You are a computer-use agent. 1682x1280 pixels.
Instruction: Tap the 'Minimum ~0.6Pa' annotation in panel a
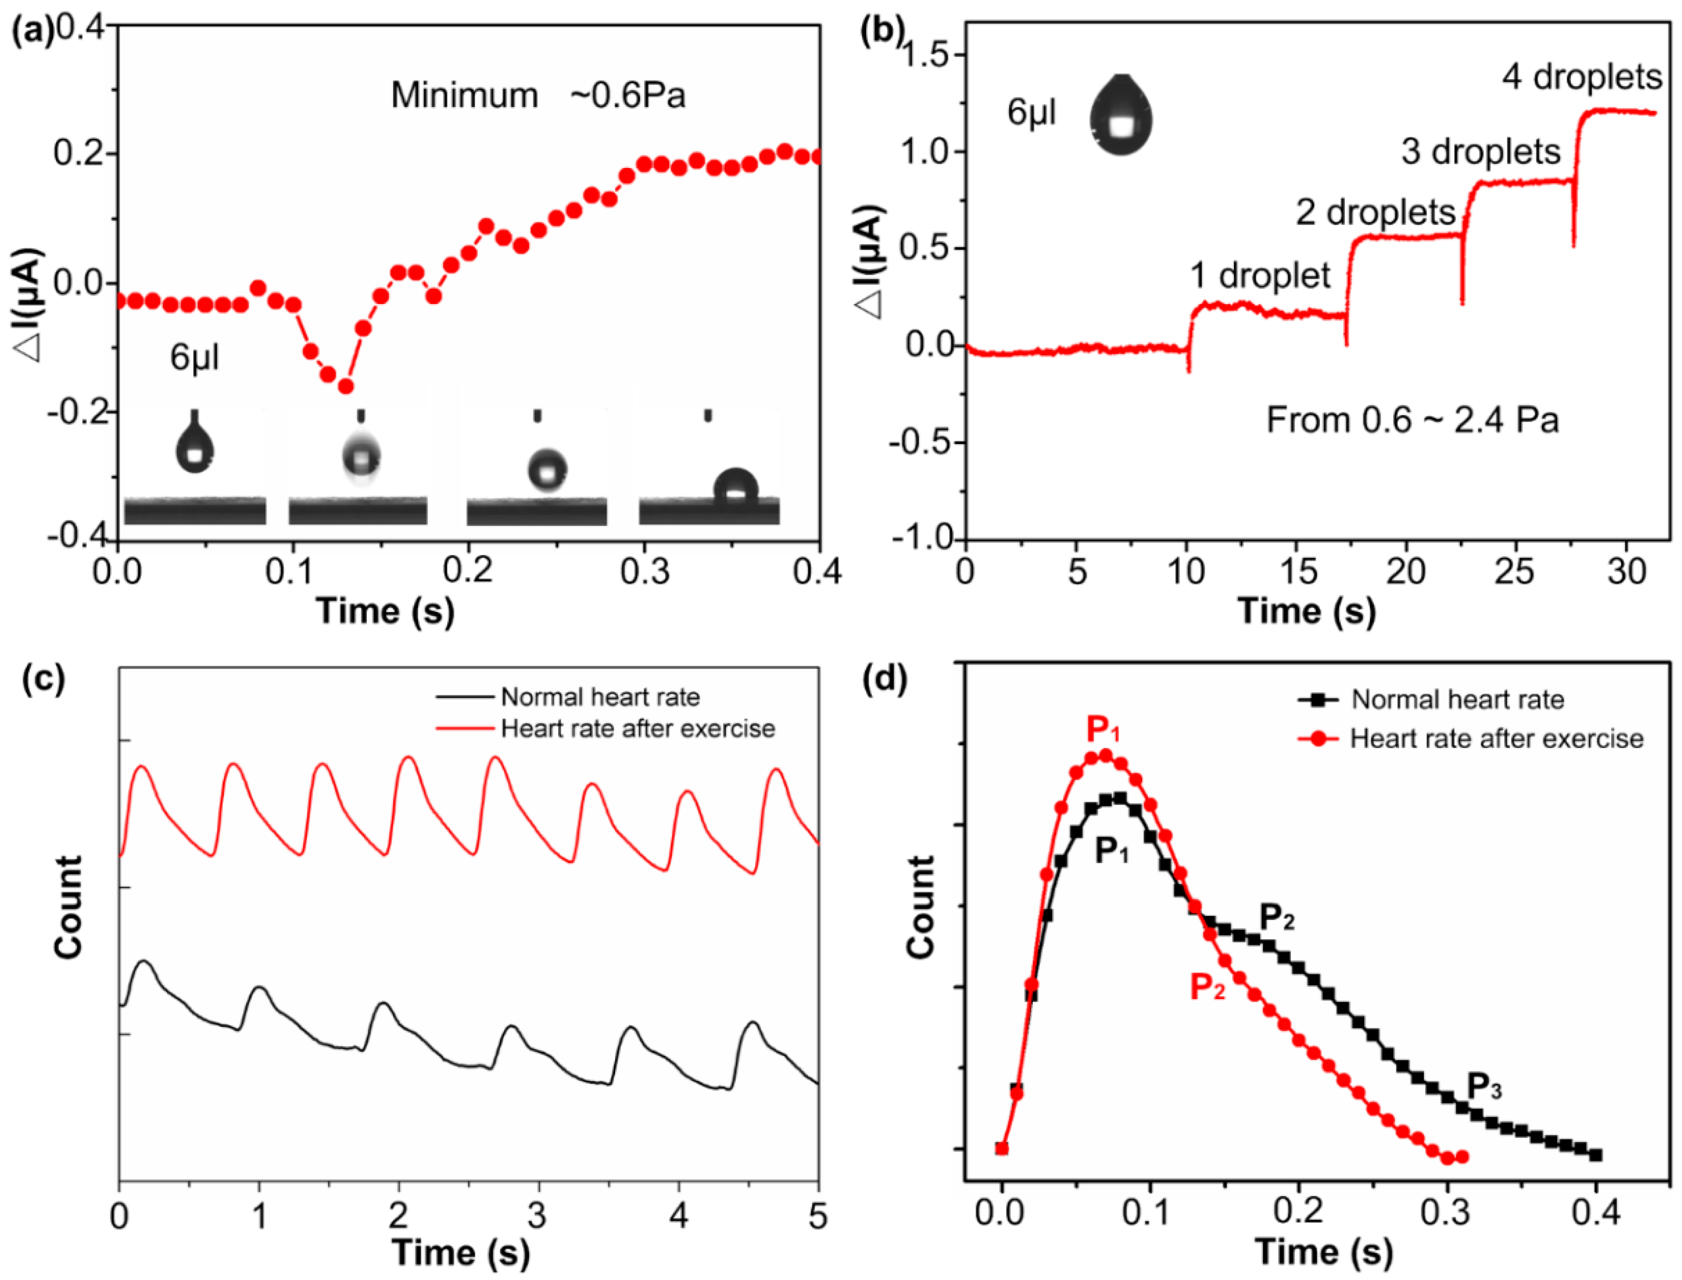click(x=538, y=96)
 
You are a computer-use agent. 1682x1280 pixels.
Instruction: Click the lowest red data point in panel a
click(x=345, y=386)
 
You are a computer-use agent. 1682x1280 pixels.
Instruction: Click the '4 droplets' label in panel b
click(x=1581, y=78)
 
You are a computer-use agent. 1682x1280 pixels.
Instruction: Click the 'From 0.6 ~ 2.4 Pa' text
click(x=1412, y=421)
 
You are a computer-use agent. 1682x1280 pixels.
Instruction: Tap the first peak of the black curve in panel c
click(x=143, y=962)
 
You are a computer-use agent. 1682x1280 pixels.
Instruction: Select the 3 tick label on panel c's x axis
click(x=538, y=1216)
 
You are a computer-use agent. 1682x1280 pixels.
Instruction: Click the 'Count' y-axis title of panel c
click(x=69, y=907)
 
